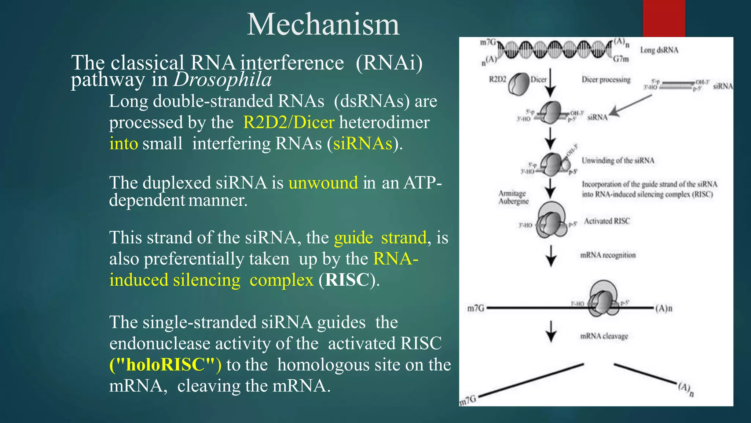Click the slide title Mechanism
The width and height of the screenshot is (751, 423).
[323, 25]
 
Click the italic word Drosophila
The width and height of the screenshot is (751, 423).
[223, 80]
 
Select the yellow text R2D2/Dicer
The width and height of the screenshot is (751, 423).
[289, 122]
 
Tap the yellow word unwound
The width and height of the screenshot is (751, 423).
[323, 182]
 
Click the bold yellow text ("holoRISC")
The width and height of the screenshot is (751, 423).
[165, 365]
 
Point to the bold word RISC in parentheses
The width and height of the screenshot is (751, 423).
[347, 280]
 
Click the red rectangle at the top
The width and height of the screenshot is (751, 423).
[664, 18]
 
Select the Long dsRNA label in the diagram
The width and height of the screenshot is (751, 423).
[659, 50]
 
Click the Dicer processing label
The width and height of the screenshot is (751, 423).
[606, 80]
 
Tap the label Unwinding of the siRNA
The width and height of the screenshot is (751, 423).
[618, 160]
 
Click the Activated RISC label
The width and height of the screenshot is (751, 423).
[607, 221]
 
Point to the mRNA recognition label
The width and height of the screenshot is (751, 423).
[608, 255]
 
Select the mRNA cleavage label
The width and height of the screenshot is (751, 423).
[604, 336]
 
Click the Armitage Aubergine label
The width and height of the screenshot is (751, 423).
[513, 197]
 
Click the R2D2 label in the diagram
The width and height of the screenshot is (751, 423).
[497, 79]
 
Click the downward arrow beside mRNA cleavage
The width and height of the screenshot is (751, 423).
[551, 331]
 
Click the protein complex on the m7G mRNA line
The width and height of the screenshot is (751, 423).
[603, 299]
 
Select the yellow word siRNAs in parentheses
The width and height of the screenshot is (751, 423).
[362, 144]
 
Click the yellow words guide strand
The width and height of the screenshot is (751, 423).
[380, 238]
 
